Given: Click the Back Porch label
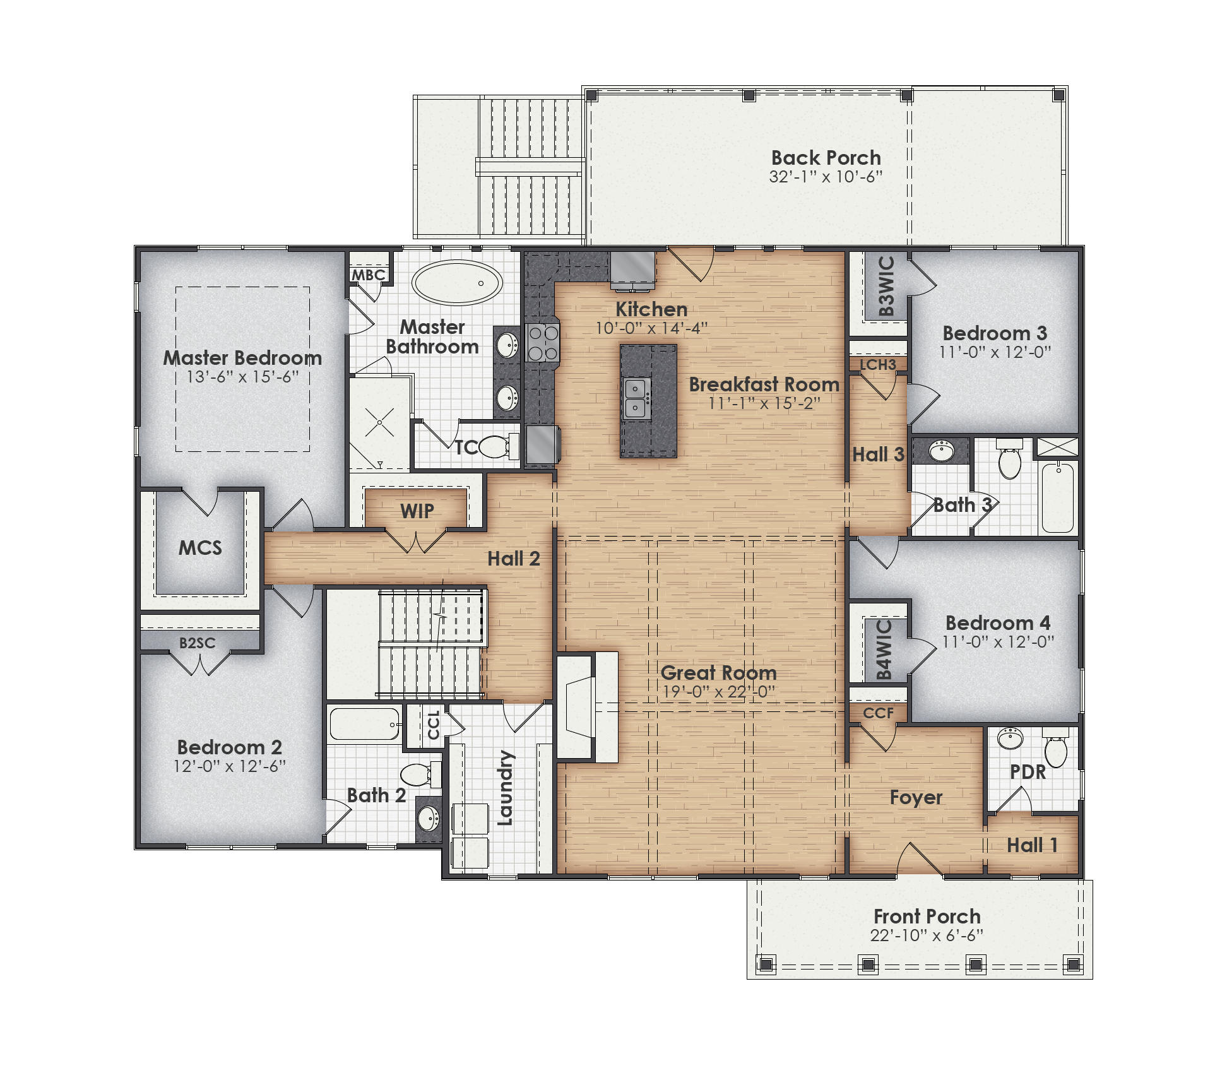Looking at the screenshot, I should click(826, 158).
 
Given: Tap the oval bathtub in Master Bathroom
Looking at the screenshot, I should click(458, 283).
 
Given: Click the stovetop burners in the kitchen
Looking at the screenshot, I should click(543, 342).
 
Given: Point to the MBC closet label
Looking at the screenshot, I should click(369, 275).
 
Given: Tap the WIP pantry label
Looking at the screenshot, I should click(417, 511).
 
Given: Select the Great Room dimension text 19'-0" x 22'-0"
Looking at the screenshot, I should click(718, 692).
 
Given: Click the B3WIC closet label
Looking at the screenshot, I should click(886, 286).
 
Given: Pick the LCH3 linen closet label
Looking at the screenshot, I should click(878, 365).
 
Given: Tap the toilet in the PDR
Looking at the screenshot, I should click(1055, 751).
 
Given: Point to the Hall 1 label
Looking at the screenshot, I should click(1031, 845).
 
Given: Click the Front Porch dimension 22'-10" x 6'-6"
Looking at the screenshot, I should click(927, 935).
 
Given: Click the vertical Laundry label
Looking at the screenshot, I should click(506, 788).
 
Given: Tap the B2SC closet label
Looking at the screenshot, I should click(197, 643).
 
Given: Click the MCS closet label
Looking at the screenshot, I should click(200, 547).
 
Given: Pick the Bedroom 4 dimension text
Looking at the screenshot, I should click(998, 642).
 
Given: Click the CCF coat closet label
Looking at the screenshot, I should click(878, 713).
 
